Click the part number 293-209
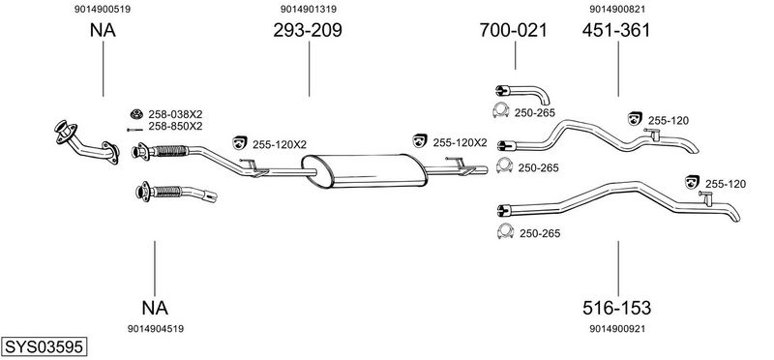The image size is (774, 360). (308, 31)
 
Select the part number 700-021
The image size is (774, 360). (514, 31)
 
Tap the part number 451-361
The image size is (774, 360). (616, 31)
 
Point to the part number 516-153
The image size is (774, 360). (616, 308)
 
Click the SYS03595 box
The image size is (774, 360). (44, 346)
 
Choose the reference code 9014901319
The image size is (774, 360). (309, 9)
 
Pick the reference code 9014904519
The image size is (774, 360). (156, 329)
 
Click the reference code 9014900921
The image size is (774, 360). (617, 329)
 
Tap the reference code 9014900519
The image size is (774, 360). (103, 9)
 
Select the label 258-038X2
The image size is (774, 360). (175, 114)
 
